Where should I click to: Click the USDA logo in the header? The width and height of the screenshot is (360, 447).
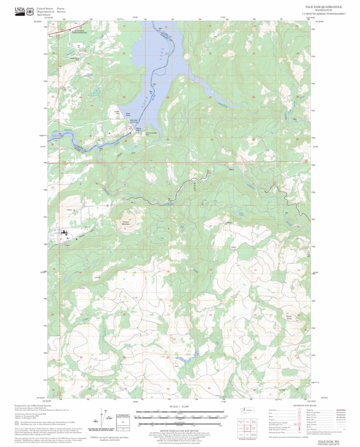(x=20, y=11)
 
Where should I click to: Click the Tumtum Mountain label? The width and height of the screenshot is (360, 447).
(x=126, y=223)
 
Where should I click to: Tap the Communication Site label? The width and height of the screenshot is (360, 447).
(x=151, y=134)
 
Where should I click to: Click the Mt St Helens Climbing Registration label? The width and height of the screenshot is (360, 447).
(x=81, y=31)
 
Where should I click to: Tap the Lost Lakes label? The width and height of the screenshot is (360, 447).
(x=241, y=214)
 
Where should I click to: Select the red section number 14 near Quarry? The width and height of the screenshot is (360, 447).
(x=255, y=270)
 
